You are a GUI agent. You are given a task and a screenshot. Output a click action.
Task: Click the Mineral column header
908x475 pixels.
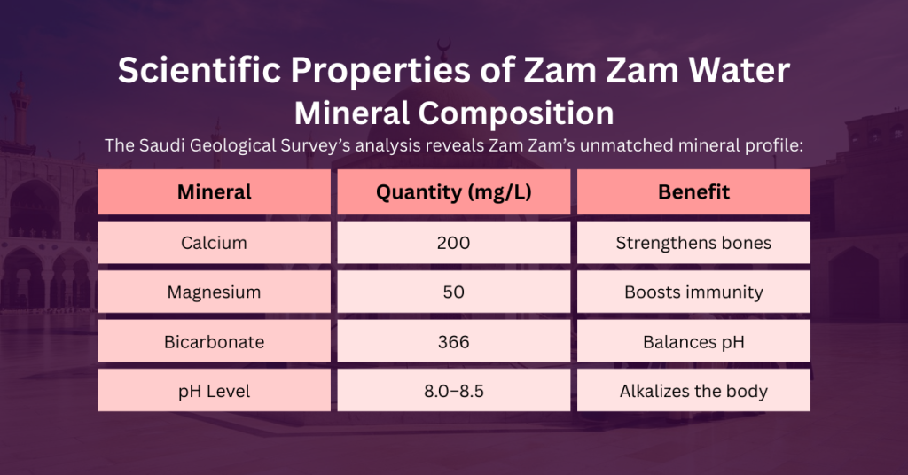click(214, 192)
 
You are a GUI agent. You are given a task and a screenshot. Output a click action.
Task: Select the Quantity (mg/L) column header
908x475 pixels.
click(453, 192)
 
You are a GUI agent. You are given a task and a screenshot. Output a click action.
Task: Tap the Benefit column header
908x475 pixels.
click(693, 192)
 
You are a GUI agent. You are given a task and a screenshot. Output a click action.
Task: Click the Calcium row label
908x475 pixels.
click(214, 243)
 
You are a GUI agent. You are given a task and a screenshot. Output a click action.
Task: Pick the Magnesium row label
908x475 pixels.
click(214, 292)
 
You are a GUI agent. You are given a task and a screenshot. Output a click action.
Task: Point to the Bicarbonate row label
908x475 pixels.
click(214, 341)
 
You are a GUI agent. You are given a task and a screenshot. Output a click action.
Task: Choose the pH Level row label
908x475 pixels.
click(214, 391)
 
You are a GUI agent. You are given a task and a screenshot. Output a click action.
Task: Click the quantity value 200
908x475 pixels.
click(453, 243)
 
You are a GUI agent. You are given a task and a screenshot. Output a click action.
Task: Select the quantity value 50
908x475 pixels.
click(453, 292)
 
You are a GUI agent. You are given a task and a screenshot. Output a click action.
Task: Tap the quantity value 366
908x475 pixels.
click(453, 341)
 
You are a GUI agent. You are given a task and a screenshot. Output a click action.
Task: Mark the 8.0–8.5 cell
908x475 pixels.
click(453, 391)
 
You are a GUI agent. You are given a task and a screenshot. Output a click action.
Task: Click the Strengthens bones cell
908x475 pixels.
click(693, 243)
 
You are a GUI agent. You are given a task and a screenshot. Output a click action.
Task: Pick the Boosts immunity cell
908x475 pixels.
click(693, 292)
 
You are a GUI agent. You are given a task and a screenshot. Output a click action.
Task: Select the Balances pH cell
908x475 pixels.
click(693, 341)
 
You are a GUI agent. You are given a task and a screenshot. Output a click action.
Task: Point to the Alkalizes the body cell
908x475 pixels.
click(693, 391)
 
